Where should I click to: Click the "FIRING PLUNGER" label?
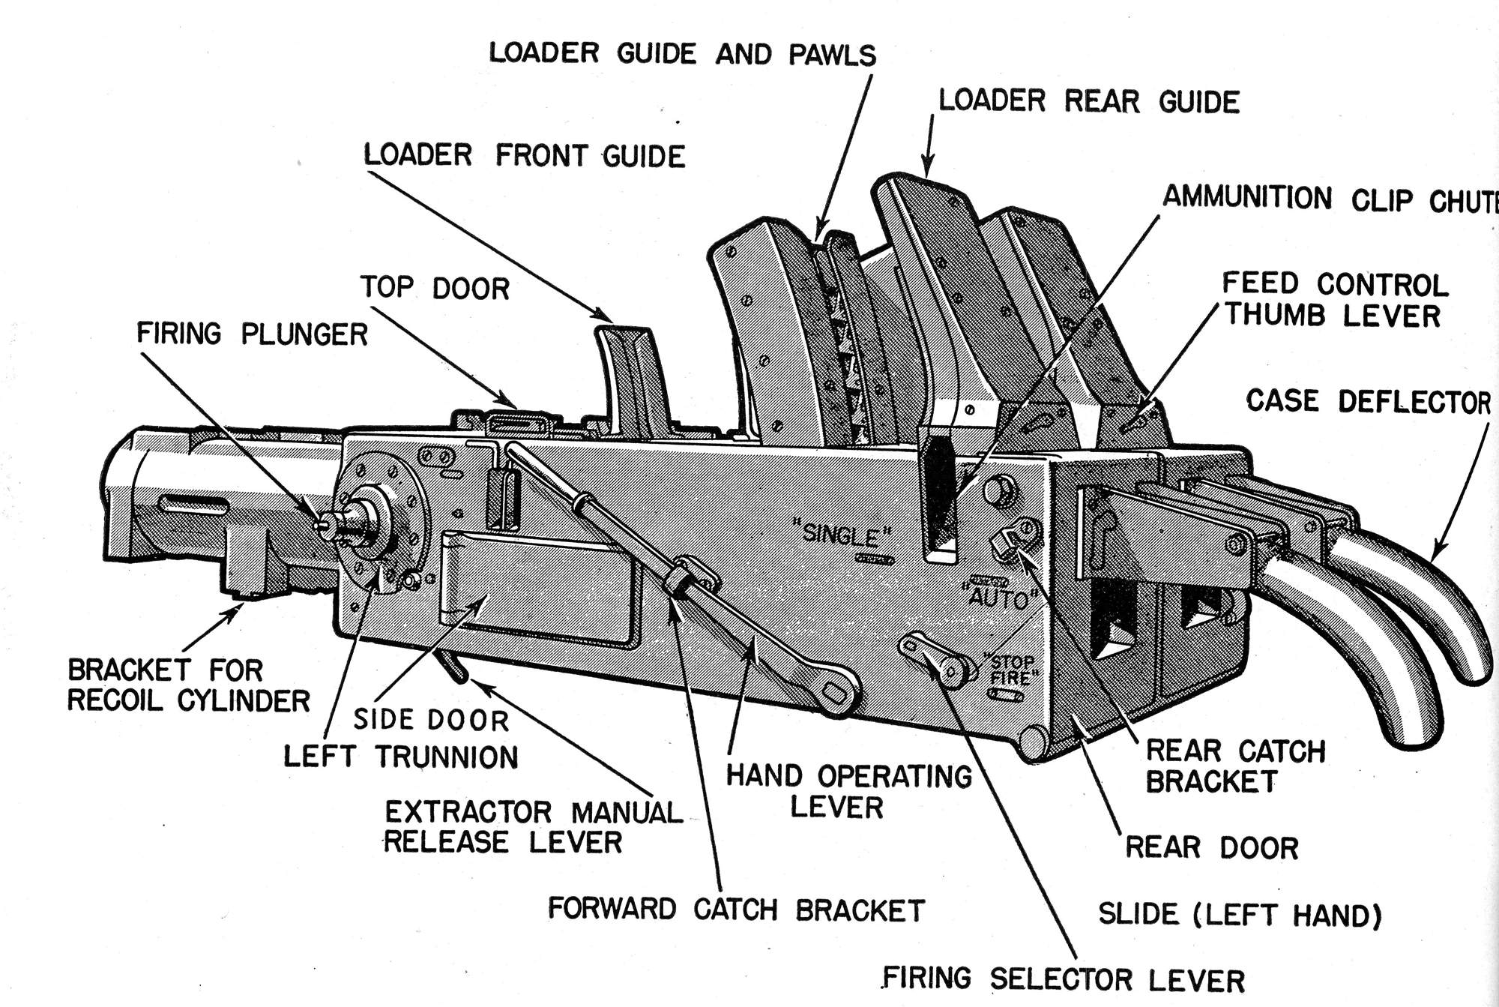[x=252, y=334]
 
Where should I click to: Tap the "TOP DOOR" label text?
[x=435, y=288]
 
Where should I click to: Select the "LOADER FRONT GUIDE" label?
[x=524, y=156]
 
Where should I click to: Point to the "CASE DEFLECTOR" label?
[x=1368, y=401]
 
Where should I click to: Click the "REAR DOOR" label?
[x=1211, y=847]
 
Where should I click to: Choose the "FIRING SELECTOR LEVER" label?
[x=1063, y=979]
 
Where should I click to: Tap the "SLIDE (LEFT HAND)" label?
[x=1240, y=915]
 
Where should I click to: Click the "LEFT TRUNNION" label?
[x=401, y=757]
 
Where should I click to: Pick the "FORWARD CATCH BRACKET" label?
[x=736, y=910]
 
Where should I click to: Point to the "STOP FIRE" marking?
[x=1013, y=670]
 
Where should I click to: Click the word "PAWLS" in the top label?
[x=832, y=55]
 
